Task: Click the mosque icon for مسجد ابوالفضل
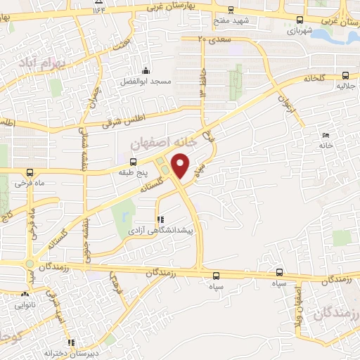point(146,70)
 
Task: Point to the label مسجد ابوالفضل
point(146,82)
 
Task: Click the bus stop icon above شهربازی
point(300,20)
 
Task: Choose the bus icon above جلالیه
point(345,75)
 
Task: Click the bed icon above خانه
point(324,135)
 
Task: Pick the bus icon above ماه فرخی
point(30,172)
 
